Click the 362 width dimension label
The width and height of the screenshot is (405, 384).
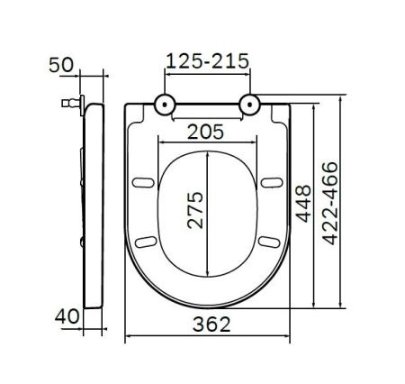click(206, 322)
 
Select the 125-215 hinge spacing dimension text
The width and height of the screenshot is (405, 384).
click(206, 62)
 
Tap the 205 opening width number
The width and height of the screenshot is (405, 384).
click(206, 130)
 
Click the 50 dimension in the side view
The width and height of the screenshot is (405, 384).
click(60, 65)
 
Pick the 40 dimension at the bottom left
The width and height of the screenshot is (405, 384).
click(66, 316)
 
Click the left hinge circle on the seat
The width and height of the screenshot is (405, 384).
click(166, 105)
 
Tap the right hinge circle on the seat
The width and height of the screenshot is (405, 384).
click(247, 105)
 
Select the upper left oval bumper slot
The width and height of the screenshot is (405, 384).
click(142, 184)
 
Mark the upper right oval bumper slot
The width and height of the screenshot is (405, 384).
click(271, 184)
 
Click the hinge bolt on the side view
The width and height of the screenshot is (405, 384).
click(68, 104)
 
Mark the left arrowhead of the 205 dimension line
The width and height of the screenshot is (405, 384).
click(159, 141)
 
